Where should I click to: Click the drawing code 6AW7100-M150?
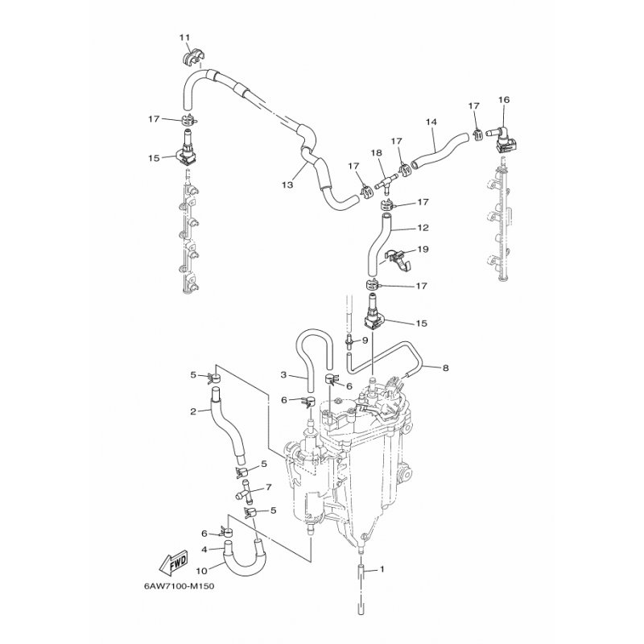[x=179, y=586]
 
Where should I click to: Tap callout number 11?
[x=185, y=38]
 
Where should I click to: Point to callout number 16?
[x=504, y=100]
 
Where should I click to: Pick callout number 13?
[x=287, y=185]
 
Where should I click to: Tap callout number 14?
[x=431, y=122]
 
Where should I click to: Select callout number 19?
[x=423, y=250]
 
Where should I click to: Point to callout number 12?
[x=423, y=228]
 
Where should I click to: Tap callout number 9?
[x=365, y=340]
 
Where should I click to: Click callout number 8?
[x=446, y=368]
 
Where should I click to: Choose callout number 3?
[x=283, y=374]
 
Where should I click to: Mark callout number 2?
[x=193, y=411]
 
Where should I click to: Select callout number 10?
[x=202, y=571]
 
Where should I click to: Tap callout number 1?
[x=382, y=569]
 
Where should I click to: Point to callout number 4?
[x=204, y=549]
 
